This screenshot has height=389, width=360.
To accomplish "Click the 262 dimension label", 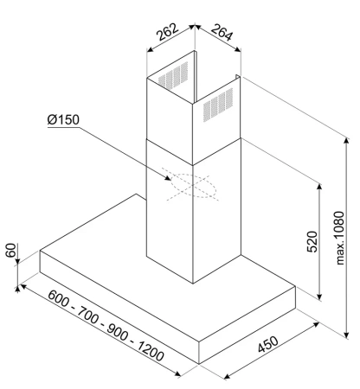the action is [167, 32].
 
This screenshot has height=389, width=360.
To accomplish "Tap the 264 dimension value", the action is [222, 32].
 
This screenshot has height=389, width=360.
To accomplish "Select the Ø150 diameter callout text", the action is [63, 119].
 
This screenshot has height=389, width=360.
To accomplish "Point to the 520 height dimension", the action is [312, 241].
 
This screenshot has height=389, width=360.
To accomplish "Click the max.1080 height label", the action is [340, 238].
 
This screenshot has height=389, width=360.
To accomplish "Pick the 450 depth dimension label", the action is [268, 344].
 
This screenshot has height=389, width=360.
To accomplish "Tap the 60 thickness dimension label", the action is [10, 250].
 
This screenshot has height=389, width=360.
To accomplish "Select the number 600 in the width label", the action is [59, 298].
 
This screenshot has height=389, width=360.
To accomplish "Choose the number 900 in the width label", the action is [118, 332].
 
